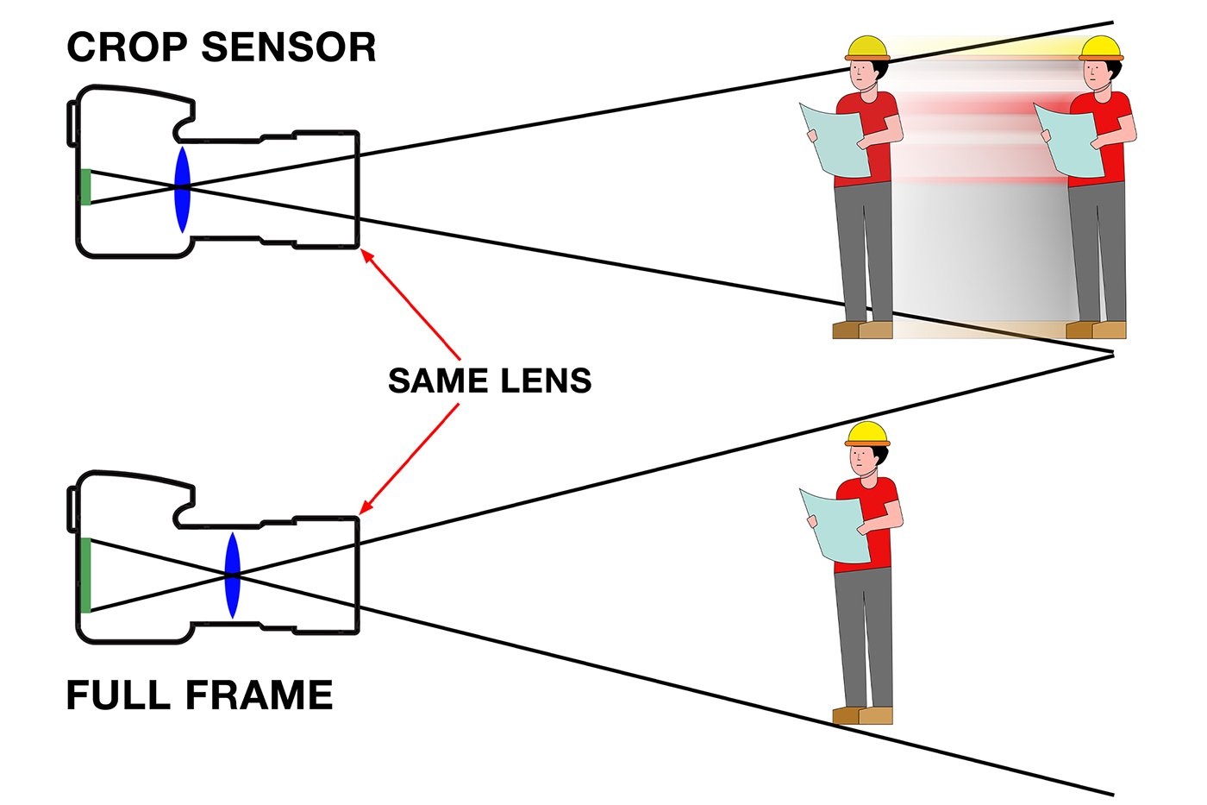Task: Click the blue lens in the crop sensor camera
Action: coord(182,189)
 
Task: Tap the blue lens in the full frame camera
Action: coord(232,575)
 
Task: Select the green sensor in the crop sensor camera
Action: coord(85,187)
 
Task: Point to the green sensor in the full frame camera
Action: coord(85,575)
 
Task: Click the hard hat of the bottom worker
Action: coord(866,434)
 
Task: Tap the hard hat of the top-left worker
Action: coord(866,47)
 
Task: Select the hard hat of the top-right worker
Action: coord(1100,47)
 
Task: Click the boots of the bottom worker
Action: coord(862,715)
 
